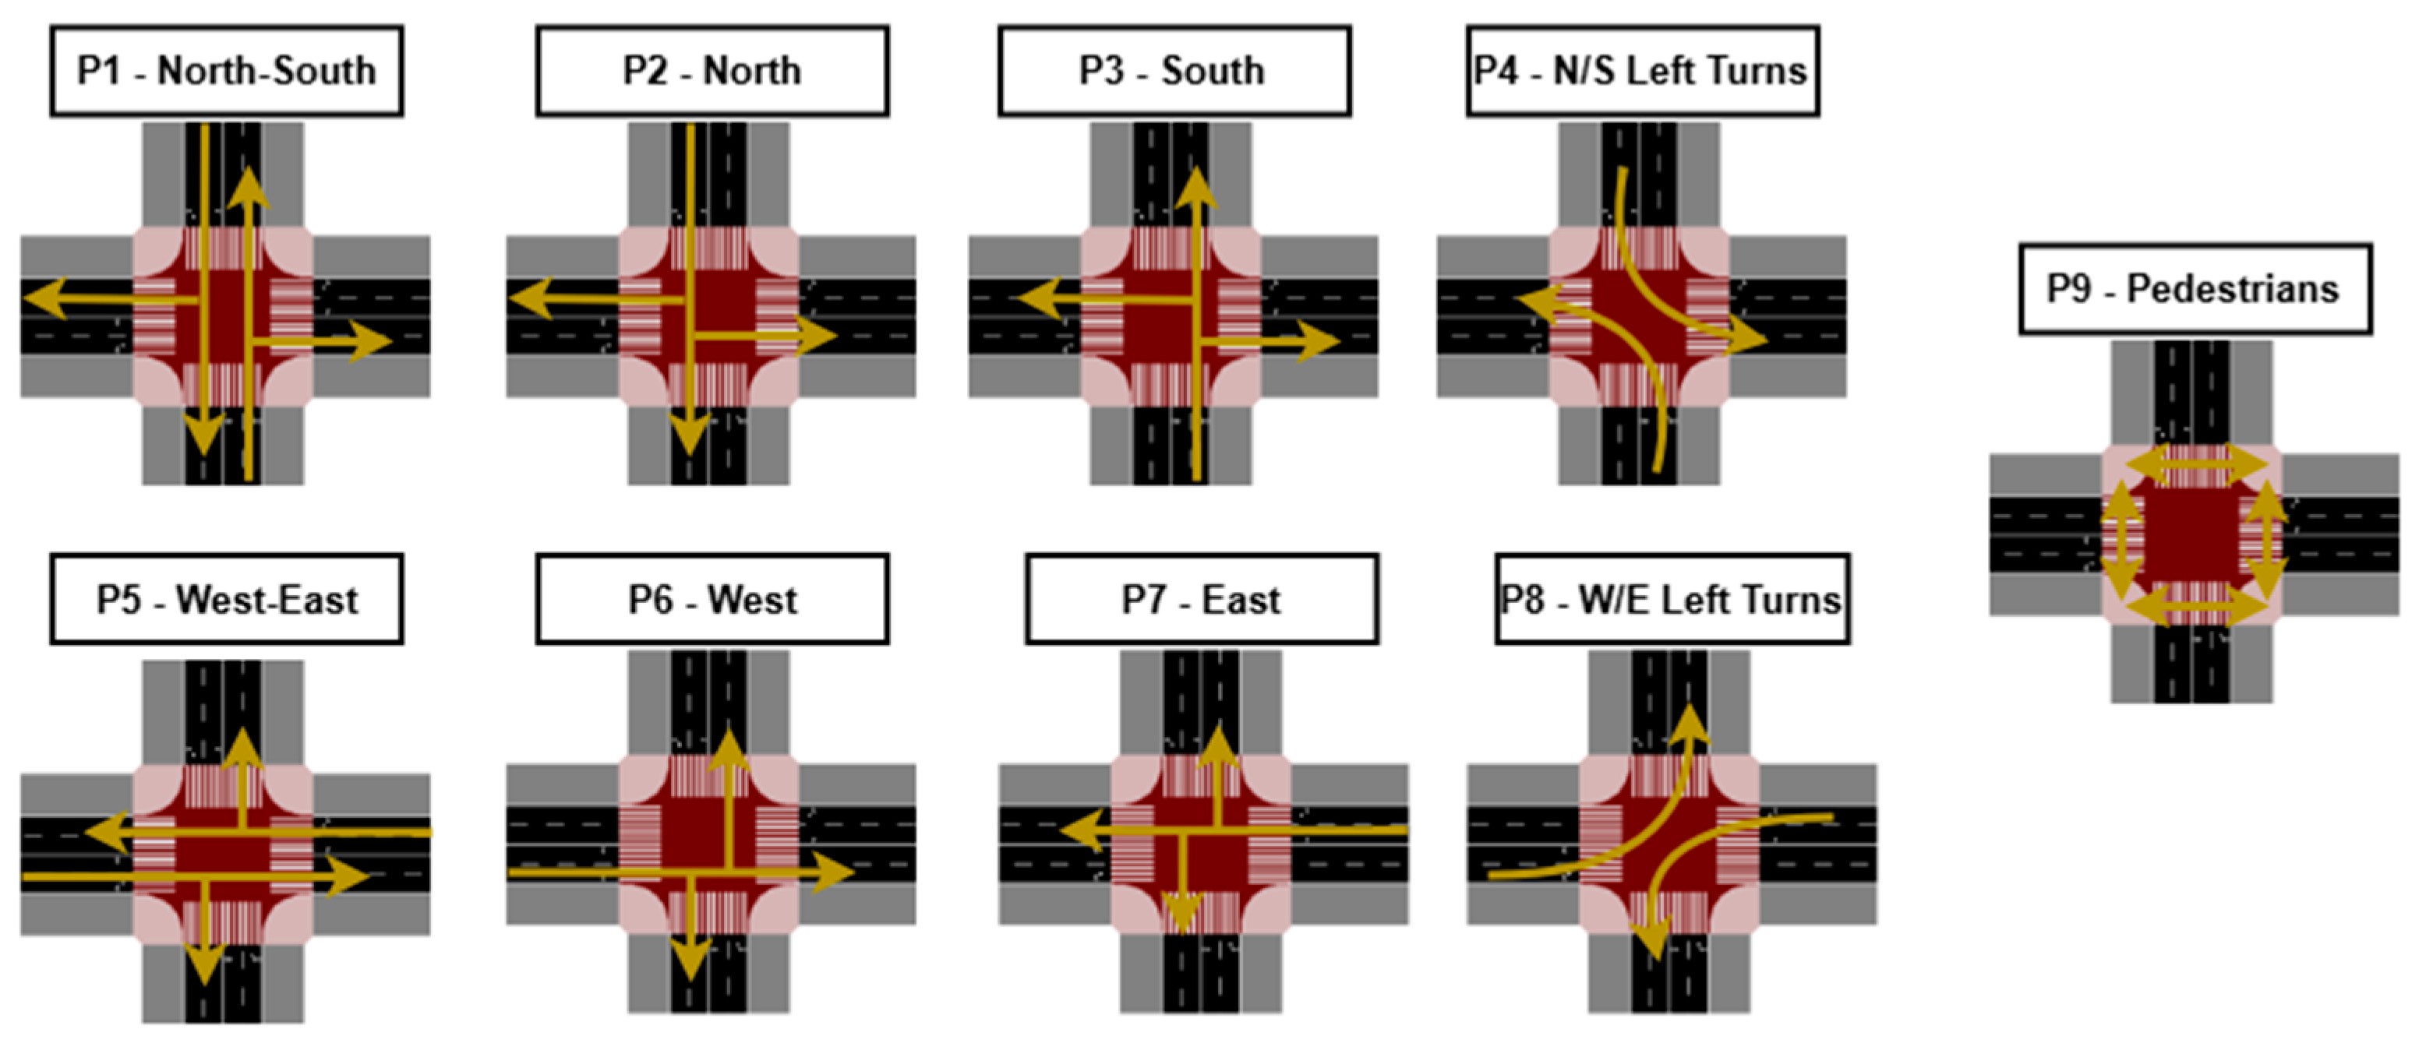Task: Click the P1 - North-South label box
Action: coord(227,72)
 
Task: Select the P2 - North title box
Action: coord(712,72)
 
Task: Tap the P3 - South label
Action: coord(1174,72)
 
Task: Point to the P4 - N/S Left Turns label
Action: coord(1643,72)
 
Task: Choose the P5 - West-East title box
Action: coord(227,600)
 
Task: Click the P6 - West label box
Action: coord(712,600)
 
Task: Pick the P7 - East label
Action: coord(1202,600)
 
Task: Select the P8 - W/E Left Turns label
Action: coord(1672,600)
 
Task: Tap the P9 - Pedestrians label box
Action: coord(2195,289)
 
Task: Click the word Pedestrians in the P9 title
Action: coord(2233,289)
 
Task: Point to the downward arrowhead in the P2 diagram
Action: coord(690,435)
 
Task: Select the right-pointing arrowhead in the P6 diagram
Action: coord(832,872)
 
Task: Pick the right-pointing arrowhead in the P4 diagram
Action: coord(1747,339)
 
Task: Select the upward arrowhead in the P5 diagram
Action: coord(244,748)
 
